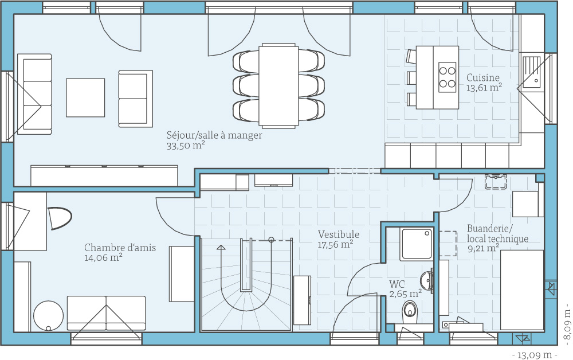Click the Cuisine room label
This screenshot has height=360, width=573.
click(x=482, y=77)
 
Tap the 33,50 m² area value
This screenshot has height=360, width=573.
click(x=185, y=146)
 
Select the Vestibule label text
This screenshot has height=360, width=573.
click(x=339, y=234)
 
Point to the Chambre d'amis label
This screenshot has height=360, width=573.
click(x=120, y=248)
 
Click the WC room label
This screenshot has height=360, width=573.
click(x=397, y=284)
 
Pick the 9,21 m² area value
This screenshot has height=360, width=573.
click(x=483, y=249)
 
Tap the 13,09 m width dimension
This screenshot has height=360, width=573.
click(x=535, y=354)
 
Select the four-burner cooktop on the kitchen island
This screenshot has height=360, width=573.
click(x=448, y=77)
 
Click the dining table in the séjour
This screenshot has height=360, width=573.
click(x=278, y=86)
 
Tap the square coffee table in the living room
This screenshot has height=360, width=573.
click(x=85, y=97)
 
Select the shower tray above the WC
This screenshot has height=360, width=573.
click(x=417, y=244)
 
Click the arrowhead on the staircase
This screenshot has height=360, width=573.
click(x=221, y=248)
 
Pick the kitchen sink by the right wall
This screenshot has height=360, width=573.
click(x=532, y=73)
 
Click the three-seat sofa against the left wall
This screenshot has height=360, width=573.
click(x=35, y=94)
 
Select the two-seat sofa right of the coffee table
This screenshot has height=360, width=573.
click(x=136, y=99)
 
